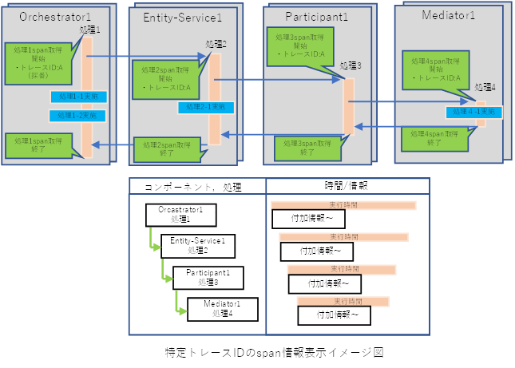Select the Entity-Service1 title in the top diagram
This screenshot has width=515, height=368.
coord(183,17)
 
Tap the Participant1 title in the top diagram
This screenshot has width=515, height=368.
coord(316,16)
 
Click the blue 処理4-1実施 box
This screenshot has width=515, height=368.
coord(474,113)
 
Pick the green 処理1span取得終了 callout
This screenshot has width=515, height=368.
coord(35,144)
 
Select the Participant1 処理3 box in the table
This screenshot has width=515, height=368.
coord(207,277)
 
